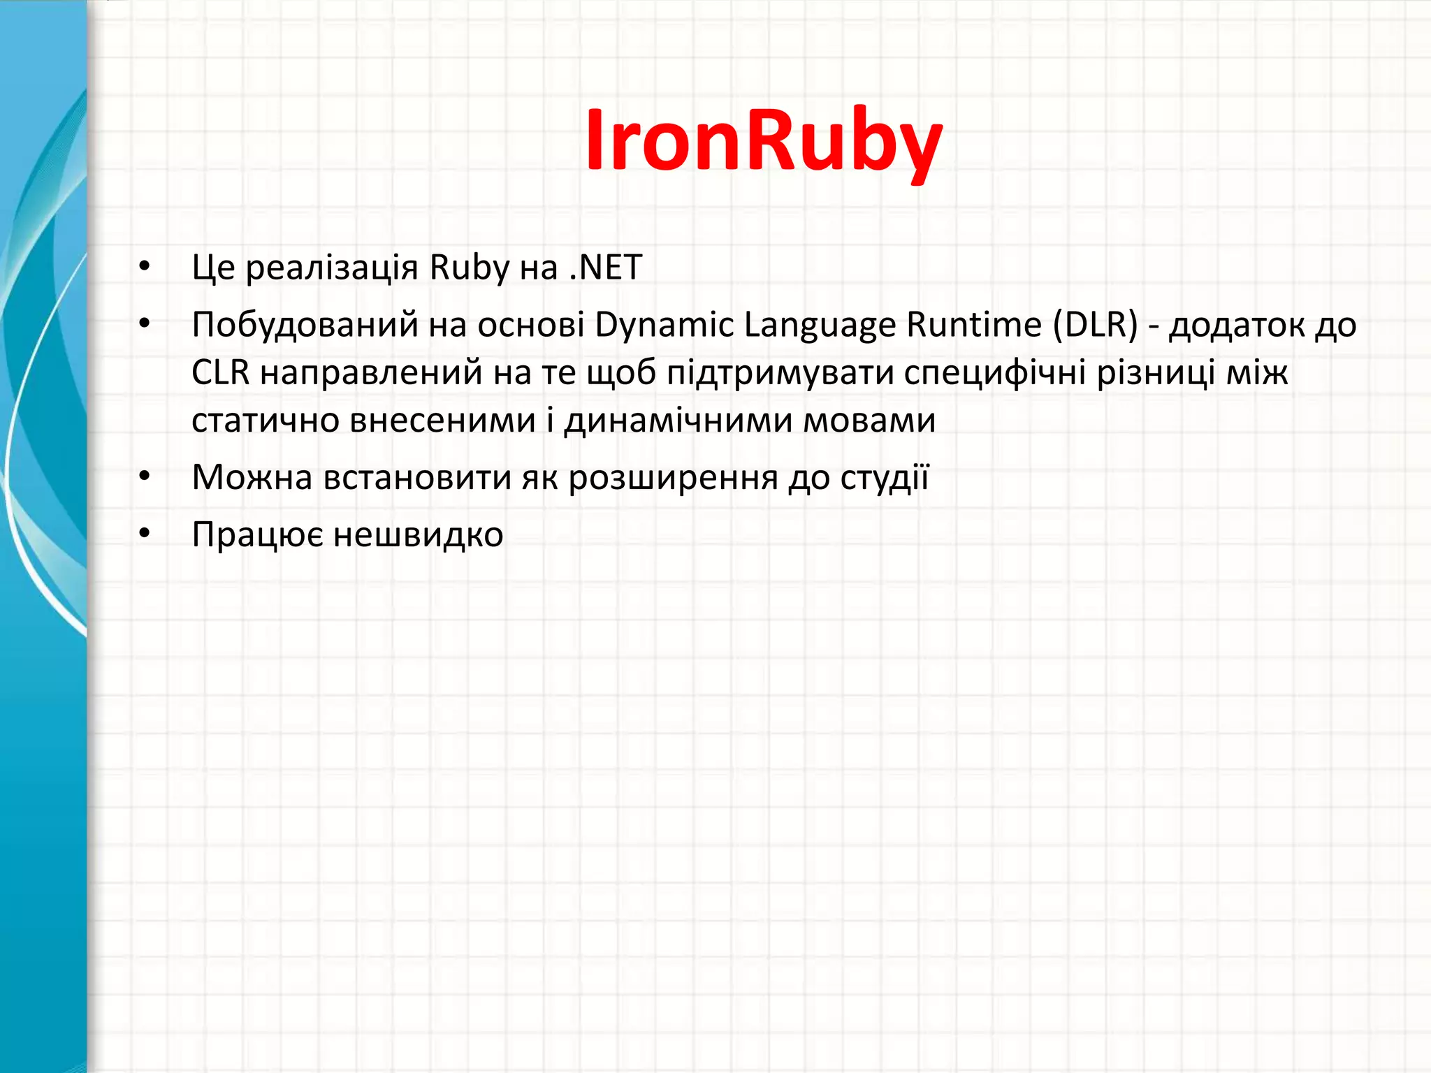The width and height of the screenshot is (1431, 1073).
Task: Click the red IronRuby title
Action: pyautogui.click(x=764, y=140)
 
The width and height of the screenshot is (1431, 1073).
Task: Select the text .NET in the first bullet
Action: pyautogui.click(x=606, y=268)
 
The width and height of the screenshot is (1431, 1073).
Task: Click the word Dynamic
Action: pyautogui.click(x=664, y=326)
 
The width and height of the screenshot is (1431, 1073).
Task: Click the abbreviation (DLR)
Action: pyautogui.click(x=1096, y=325)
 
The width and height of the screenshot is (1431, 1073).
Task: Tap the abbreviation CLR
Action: pyautogui.click(x=220, y=372)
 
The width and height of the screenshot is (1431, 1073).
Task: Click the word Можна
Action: pyautogui.click(x=252, y=478)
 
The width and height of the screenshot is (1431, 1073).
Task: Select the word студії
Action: pyautogui.click(x=885, y=478)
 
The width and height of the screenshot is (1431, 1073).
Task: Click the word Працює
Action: pyautogui.click(x=258, y=535)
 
